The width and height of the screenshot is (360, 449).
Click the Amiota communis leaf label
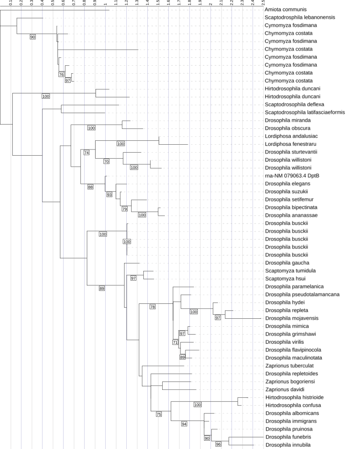point(282,10)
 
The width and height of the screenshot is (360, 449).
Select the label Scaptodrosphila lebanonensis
point(300,18)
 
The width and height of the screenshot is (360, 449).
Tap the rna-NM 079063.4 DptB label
point(292,175)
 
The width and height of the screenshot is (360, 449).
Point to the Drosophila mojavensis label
point(292,318)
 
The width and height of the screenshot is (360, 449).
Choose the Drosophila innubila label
point(288,445)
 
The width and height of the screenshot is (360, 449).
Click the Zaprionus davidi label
point(285,389)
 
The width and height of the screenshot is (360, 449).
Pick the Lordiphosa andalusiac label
point(291,136)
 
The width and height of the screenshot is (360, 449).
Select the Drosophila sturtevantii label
point(291,152)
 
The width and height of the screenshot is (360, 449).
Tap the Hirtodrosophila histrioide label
point(294,397)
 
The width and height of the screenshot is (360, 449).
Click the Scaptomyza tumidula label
point(290,271)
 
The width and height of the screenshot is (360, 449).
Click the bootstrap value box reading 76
point(61,75)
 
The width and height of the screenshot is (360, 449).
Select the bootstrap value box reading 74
point(86,153)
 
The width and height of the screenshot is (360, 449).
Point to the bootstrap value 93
point(110,195)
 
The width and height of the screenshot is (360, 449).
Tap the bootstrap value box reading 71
point(175,342)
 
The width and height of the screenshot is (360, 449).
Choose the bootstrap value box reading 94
point(184,424)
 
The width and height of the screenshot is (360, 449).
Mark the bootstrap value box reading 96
point(218,445)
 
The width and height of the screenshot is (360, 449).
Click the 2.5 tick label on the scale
point(263,3)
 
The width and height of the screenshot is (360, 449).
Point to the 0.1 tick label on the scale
point(11,3)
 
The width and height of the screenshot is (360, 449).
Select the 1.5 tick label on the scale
point(158,3)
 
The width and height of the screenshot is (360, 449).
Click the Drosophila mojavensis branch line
point(243,318)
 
